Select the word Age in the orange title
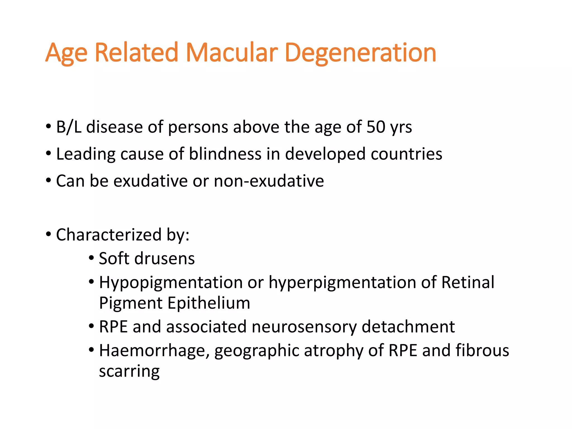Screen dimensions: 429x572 [66, 53]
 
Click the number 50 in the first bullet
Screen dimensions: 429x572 [376, 127]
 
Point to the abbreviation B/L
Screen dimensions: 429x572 [69, 127]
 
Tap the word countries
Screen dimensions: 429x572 [406, 154]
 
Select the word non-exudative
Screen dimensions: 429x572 [269, 181]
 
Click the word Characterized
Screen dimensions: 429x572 [109, 235]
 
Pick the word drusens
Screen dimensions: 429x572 [165, 258]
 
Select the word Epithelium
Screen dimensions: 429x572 [209, 303]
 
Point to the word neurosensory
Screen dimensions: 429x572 [304, 327]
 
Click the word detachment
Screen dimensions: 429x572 [408, 327]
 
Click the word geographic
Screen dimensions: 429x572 [257, 351]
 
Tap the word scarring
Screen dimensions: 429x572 [129, 371]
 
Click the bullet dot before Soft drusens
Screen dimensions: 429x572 [91, 258]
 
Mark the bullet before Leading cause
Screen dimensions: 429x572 [49, 154]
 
